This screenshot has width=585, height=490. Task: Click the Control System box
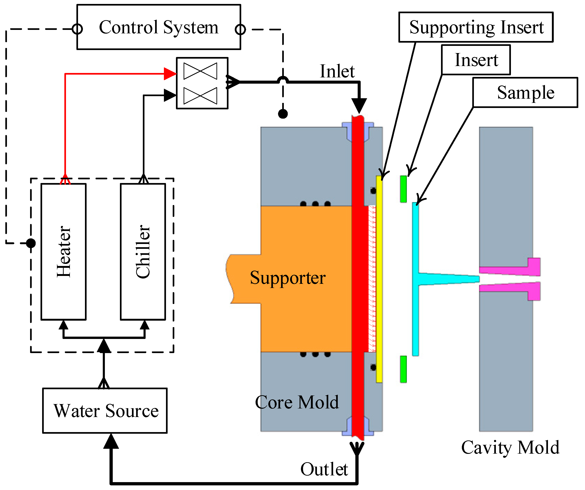[159, 27]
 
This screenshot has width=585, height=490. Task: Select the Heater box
[63, 251]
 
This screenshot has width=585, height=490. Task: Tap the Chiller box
[143, 251]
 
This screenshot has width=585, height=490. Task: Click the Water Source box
[105, 411]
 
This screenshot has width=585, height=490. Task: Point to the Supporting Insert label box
[476, 27]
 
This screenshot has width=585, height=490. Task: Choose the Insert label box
[476, 60]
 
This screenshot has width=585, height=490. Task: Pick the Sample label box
[525, 92]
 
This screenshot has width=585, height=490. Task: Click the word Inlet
[337, 71]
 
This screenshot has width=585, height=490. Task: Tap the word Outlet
[324, 469]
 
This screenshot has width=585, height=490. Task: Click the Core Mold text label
[297, 402]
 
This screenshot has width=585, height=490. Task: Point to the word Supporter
[288, 278]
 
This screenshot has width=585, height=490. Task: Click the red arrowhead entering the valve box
[170, 74]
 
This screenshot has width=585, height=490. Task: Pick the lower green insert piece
[403, 369]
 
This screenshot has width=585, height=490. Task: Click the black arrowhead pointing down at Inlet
[359, 106]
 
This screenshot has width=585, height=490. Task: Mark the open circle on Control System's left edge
[77, 29]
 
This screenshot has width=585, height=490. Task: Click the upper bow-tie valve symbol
[200, 71]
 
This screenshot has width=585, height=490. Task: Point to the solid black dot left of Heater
[31, 243]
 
